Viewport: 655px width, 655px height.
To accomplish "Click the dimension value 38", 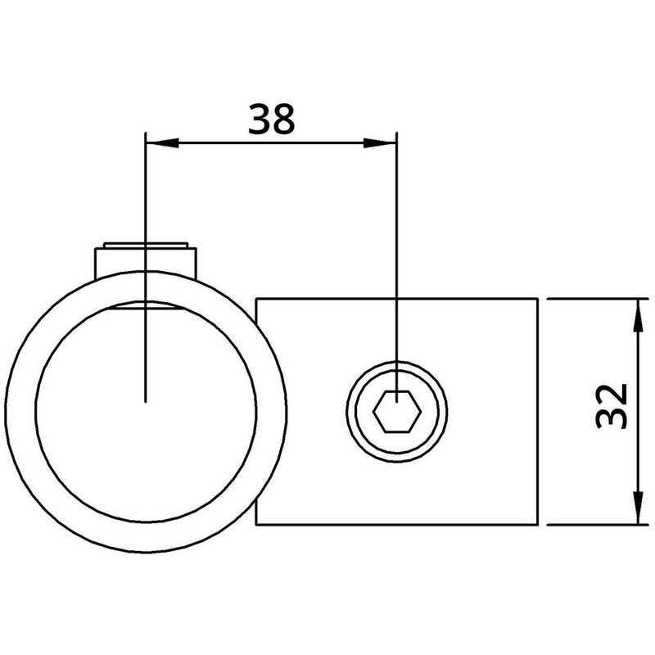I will click(x=271, y=120).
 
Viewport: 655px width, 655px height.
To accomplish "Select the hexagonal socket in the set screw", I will click(x=397, y=409).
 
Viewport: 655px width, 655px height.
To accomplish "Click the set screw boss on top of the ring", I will click(x=146, y=258).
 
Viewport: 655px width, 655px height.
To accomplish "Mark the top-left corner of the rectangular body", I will click(x=256, y=300).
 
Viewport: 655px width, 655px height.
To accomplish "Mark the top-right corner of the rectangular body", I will click(x=538, y=300).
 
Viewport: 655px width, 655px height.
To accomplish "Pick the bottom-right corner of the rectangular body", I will click(x=538, y=524).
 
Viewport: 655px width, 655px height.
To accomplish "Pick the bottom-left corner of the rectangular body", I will click(x=256, y=524).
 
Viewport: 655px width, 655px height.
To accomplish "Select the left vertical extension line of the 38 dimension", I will click(x=144, y=205).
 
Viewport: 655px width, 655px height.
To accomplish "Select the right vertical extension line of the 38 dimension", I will click(x=397, y=246).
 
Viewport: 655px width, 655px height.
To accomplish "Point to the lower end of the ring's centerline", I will click(x=144, y=399).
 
